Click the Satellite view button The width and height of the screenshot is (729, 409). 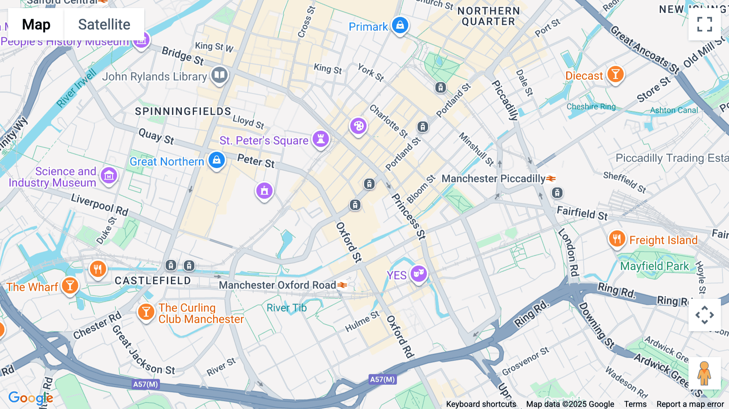[104, 25]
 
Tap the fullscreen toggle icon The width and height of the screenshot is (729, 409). [704, 24]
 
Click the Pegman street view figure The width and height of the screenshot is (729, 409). [704, 373]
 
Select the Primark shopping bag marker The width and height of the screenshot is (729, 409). [400, 25]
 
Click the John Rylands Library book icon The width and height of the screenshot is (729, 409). [220, 75]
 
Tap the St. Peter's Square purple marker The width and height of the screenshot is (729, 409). [321, 139]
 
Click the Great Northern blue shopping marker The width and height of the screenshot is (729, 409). [217, 160]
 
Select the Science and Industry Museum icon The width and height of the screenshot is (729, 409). [109, 176]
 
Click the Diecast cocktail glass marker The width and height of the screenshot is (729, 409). [615, 74]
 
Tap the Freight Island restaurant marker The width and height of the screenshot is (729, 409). [617, 239]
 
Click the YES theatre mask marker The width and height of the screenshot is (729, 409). [419, 274]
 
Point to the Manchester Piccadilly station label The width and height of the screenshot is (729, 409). [493, 179]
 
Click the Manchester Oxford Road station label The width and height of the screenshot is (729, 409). [277, 285]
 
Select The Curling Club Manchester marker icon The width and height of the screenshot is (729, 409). [146, 312]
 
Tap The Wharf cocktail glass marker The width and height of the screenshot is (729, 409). [70, 285]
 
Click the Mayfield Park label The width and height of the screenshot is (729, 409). [654, 266]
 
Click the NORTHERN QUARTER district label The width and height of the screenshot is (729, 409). [488, 16]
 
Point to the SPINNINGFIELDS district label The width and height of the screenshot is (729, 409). [183, 111]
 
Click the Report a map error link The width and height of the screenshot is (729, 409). [690, 404]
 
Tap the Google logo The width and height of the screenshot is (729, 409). [30, 398]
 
